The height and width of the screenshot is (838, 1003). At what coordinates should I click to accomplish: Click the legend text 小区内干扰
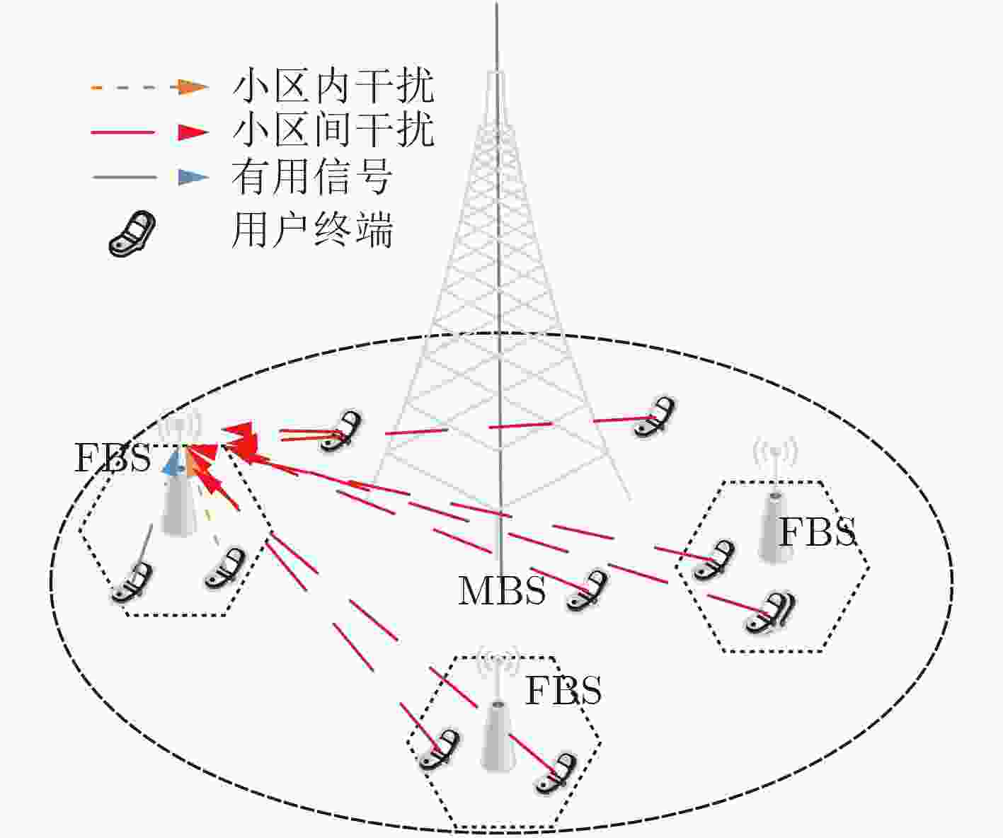[x=333, y=86]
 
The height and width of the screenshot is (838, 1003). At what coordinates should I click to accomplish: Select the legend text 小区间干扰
[x=333, y=131]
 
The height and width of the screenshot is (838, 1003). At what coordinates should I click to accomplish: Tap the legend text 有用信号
[x=312, y=176]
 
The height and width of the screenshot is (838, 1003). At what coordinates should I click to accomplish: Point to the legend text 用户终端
[x=312, y=229]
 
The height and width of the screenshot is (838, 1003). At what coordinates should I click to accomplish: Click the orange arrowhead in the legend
[x=193, y=87]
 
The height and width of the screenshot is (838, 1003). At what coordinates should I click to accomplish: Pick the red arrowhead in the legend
[x=193, y=132]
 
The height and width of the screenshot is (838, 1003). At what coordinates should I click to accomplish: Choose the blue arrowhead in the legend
[x=193, y=177]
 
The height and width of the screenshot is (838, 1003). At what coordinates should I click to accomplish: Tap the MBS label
[x=501, y=590]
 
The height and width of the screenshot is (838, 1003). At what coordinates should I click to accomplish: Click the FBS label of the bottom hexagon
[x=563, y=691]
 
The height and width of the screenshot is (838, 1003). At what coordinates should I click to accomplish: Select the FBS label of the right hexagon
[x=817, y=532]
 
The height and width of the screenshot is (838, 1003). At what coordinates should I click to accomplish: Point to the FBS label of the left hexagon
[x=113, y=458]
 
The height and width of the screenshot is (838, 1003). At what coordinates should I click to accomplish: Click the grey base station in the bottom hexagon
[x=498, y=735]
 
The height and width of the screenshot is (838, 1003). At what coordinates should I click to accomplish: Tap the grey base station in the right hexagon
[x=774, y=527]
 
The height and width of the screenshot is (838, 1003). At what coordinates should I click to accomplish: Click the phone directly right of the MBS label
[x=587, y=590]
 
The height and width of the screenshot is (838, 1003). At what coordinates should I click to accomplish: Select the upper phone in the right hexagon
[x=713, y=560]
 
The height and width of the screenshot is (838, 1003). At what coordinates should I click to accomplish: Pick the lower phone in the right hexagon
[x=770, y=612]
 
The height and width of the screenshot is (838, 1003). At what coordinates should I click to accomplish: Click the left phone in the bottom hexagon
[x=439, y=751]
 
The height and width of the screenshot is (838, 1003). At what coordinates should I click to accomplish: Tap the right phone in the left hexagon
[x=224, y=568]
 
